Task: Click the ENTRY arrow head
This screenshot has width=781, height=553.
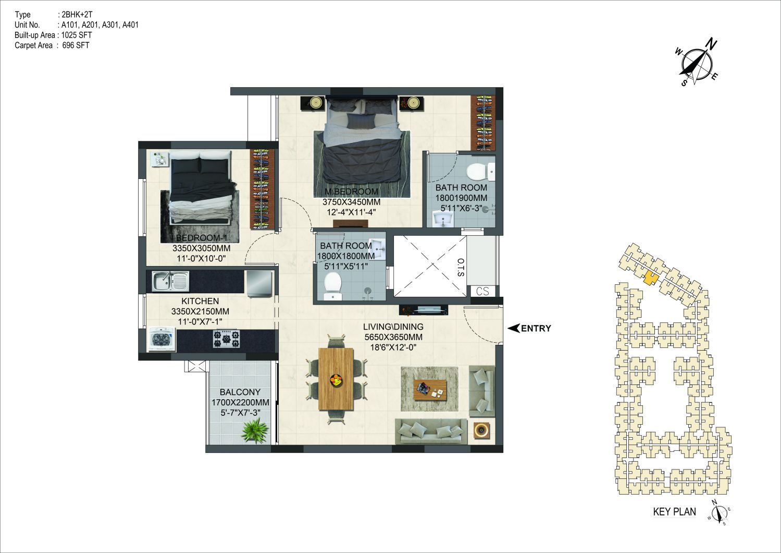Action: [x=513, y=328]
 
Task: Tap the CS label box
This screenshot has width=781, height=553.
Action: [x=482, y=291]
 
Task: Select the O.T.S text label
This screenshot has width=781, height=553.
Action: [x=460, y=268]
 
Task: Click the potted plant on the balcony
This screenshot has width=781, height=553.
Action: [x=256, y=431]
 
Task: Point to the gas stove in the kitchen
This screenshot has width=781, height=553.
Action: [x=227, y=339]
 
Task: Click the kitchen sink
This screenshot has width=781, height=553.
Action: [x=170, y=281]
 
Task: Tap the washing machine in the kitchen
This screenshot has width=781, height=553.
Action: [x=162, y=339]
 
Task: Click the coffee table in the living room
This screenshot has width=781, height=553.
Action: [x=429, y=389]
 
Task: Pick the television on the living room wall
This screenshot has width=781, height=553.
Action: [x=424, y=309]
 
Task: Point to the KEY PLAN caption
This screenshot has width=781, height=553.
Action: [x=674, y=511]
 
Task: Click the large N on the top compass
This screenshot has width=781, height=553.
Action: [x=711, y=44]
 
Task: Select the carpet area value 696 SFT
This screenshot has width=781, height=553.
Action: [x=76, y=45]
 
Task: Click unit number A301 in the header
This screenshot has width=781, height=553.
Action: [x=110, y=25]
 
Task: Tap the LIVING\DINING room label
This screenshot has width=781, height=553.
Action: [x=393, y=327]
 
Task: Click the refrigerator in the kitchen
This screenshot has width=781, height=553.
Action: [x=259, y=284]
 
